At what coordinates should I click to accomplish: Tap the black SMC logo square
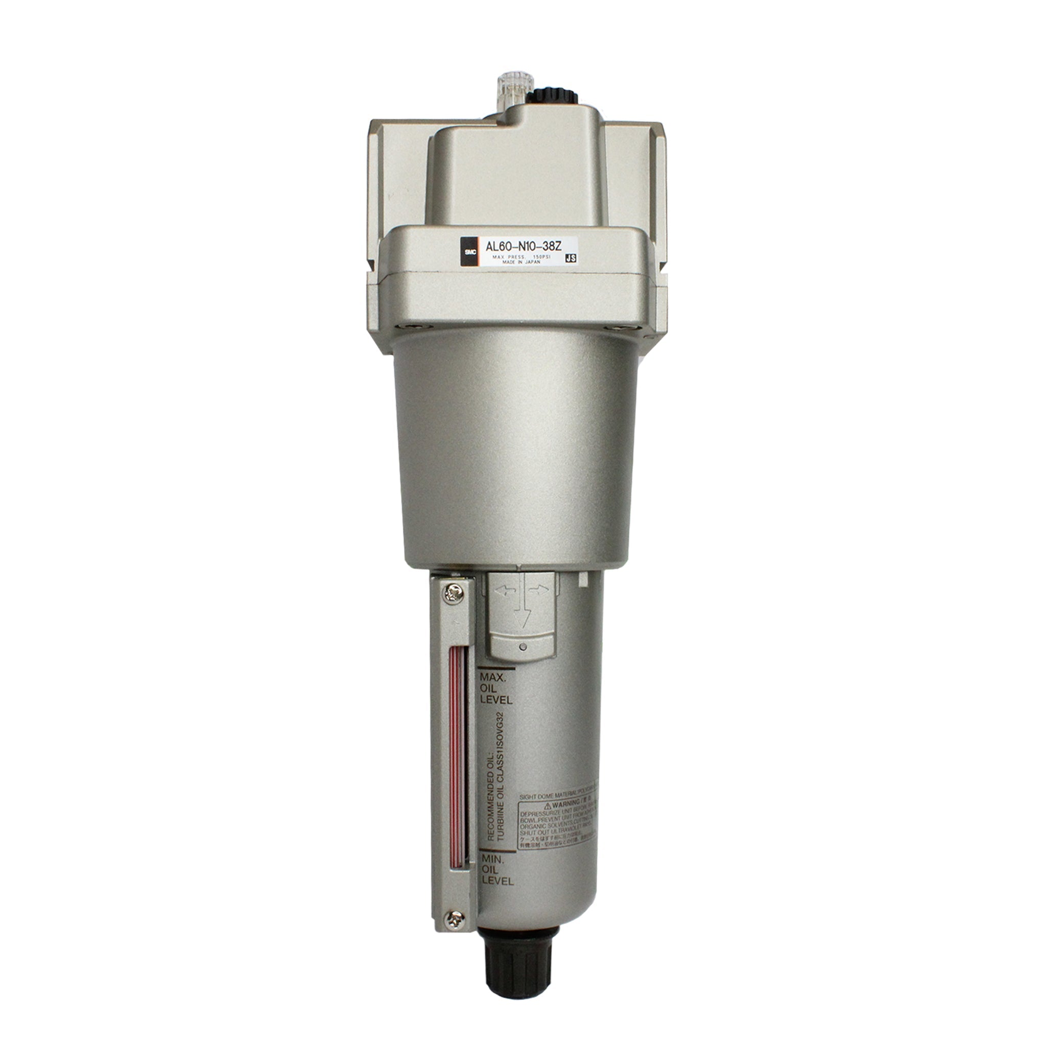[467, 252]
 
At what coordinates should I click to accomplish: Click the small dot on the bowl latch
[521, 647]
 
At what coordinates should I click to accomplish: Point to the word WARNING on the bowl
[568, 805]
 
